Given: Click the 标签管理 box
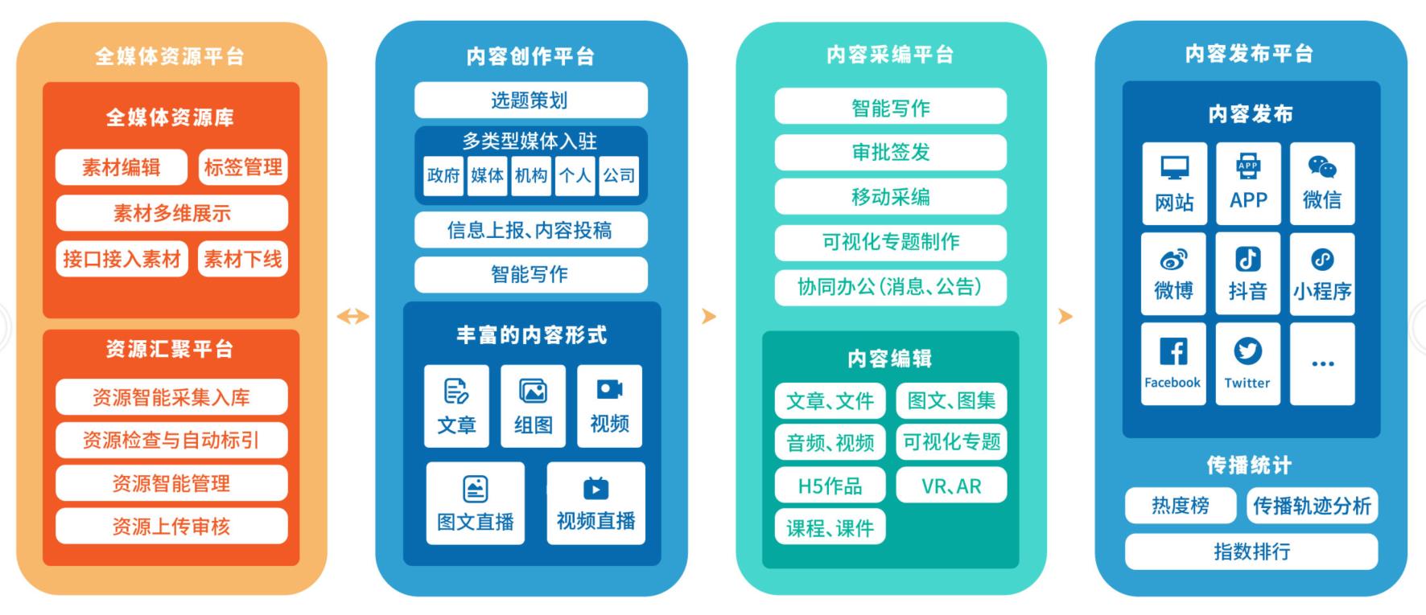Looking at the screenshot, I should click(243, 167).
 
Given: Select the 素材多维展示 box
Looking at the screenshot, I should click(171, 213).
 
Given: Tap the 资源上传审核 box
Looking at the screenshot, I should click(171, 527).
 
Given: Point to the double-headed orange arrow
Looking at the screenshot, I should click(352, 316).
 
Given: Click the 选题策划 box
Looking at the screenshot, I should click(530, 100).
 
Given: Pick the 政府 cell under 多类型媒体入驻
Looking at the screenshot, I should click(443, 175).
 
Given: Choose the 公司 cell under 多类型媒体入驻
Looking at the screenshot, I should click(619, 175).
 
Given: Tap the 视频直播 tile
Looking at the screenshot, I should click(596, 503).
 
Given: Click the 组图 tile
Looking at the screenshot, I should click(533, 406).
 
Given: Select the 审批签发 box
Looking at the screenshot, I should click(890, 152).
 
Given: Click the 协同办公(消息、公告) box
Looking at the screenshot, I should click(890, 287).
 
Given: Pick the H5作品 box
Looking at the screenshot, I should click(830, 486).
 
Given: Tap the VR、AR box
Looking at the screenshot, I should click(951, 486).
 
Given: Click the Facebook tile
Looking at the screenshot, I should click(1173, 363).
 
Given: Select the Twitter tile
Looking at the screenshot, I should click(1247, 363).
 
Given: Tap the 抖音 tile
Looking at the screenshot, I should click(1247, 273).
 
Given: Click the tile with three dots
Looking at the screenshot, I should click(1322, 363).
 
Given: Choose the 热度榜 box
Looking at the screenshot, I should click(1180, 506).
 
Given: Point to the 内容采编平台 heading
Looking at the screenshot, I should click(890, 55).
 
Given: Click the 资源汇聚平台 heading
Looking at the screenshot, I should click(170, 349).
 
